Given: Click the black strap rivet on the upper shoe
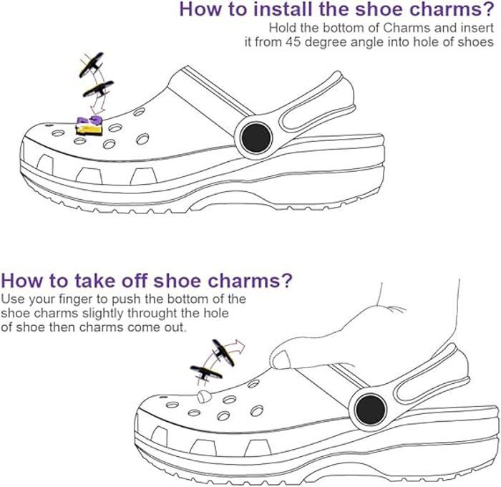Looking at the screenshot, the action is pos(256,138).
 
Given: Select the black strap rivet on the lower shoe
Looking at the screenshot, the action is pos(371,410).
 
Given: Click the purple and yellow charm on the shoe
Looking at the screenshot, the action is pos(89,125).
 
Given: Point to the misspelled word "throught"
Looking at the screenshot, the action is pos(152,313).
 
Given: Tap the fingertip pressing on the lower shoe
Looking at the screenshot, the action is pos(281,360).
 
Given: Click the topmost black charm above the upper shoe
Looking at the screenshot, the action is pos(92,64).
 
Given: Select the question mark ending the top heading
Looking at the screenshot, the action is pos(487,9).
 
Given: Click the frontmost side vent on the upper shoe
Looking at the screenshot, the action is pos(45,164).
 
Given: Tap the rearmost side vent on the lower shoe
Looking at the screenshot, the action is pos(258,448).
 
